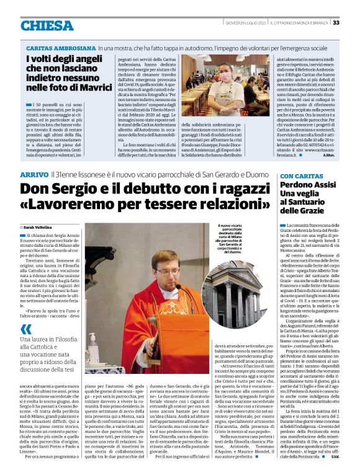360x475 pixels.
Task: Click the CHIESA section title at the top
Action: [x=47, y=25]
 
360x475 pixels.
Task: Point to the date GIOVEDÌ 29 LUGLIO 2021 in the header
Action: [x=246, y=23]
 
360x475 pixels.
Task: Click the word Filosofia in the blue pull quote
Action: [x=65, y=340]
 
